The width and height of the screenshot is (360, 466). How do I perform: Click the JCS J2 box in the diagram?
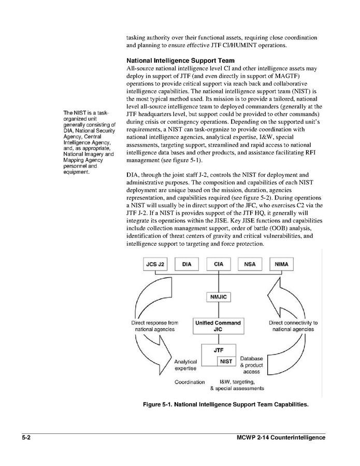[x=155, y=264]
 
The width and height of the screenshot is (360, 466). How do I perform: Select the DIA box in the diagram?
[x=187, y=264]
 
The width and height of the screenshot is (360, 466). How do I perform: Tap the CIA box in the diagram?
[x=219, y=264]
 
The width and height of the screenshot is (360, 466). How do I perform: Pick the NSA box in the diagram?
[x=250, y=264]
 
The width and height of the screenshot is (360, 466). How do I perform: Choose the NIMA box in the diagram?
[x=282, y=264]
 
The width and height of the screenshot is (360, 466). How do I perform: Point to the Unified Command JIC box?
[x=218, y=326]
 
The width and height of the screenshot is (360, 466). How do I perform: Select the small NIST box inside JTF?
[x=226, y=361]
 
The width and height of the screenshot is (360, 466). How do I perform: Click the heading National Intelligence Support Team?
[x=180, y=61]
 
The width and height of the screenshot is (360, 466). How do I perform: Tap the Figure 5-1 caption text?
[x=225, y=404]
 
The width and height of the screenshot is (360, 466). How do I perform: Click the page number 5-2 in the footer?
[x=27, y=438]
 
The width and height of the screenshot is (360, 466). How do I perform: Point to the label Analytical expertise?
[x=185, y=365]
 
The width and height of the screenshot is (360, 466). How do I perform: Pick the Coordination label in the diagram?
[x=190, y=382]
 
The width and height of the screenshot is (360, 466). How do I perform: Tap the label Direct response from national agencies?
[x=155, y=326]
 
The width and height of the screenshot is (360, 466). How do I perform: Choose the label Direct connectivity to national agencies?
[x=293, y=326]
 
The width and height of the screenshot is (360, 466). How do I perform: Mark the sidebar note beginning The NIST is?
[x=88, y=143]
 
